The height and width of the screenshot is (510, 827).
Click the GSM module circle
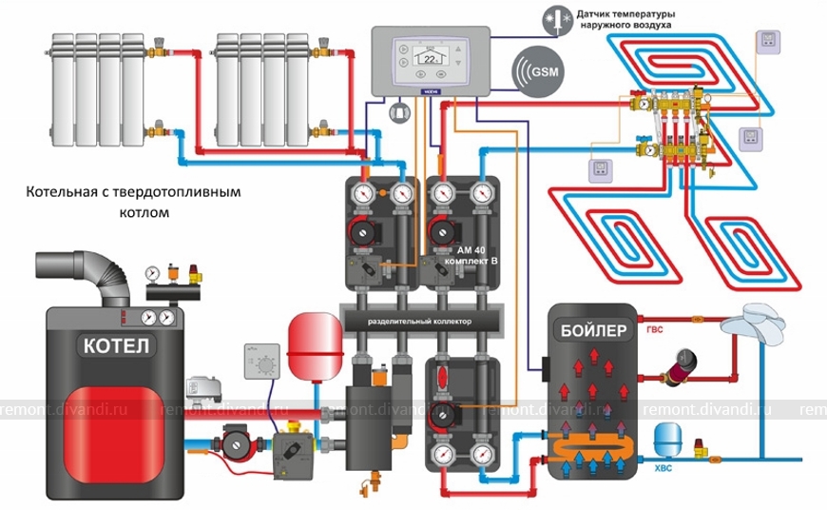click(x=538, y=71)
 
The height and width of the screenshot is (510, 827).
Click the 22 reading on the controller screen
click(x=432, y=59)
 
